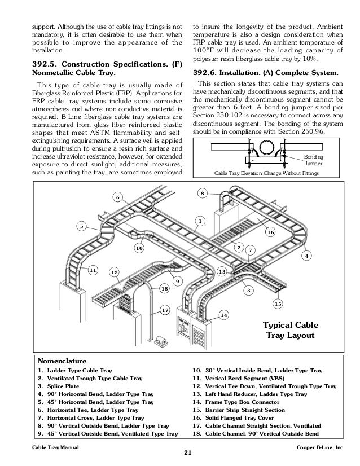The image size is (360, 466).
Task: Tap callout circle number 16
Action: [270, 232]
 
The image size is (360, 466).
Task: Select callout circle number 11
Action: [93, 270]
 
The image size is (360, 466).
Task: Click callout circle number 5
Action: [81, 227]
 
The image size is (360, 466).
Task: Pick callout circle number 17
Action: [165, 310]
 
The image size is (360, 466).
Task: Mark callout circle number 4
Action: [307, 256]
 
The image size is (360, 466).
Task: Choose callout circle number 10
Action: [139, 248]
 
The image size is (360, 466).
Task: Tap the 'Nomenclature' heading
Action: [62, 359]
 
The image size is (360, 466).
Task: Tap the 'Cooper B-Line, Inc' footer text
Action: [326, 446]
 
